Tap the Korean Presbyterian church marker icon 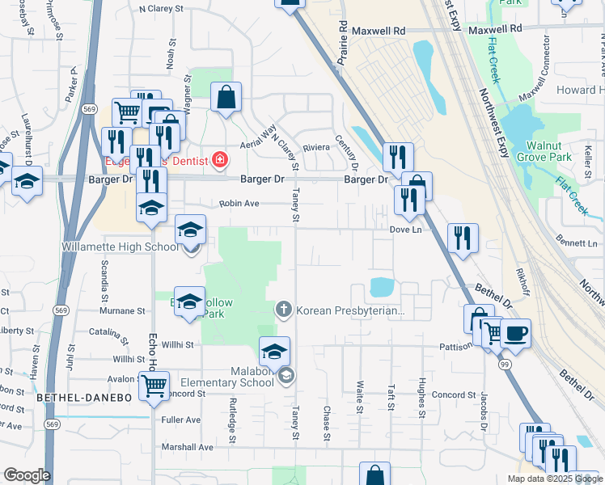click(284, 310)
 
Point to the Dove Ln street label click(406, 230)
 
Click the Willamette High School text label click(118, 247)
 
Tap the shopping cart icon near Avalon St click(154, 386)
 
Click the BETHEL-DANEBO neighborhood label click(72, 399)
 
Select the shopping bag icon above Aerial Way click(226, 98)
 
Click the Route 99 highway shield click(504, 365)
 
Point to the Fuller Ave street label click(181, 420)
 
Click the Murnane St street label click(122, 310)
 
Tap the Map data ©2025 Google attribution click(554, 479)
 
